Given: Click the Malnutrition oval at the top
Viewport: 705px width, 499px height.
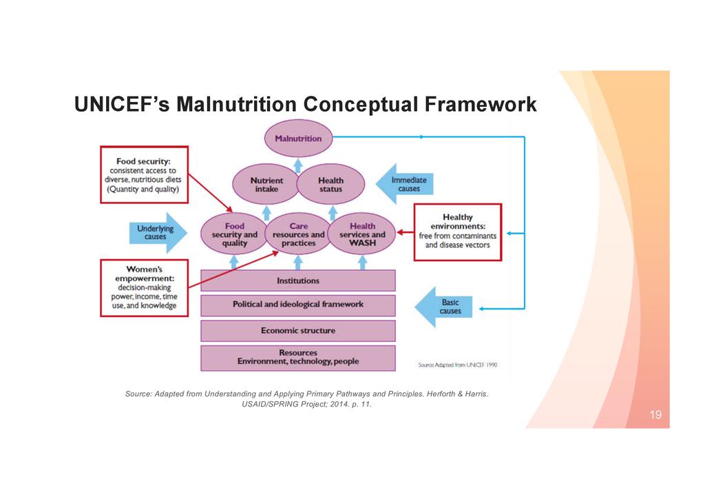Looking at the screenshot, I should (x=298, y=138).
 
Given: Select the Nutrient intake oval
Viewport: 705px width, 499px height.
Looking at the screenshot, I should (x=265, y=185).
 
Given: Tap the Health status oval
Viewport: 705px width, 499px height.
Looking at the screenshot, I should (x=330, y=185).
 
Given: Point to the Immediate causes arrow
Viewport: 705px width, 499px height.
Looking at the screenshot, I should (x=406, y=184).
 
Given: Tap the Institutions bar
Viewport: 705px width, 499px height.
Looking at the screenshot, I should (x=298, y=281).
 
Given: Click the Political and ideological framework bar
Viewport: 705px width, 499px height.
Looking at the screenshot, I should (x=298, y=305).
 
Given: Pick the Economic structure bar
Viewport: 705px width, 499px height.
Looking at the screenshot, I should (x=298, y=331).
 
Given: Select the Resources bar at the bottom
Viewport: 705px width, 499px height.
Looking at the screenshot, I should (x=298, y=357).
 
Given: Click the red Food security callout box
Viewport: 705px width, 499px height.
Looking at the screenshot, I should (x=144, y=174).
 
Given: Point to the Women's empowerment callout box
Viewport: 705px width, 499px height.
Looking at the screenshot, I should (x=144, y=287).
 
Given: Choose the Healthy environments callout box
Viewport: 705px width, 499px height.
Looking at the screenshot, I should (x=457, y=232).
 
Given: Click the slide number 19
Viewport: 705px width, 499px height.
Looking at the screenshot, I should (x=655, y=415).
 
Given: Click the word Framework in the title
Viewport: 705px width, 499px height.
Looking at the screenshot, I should (x=479, y=105).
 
